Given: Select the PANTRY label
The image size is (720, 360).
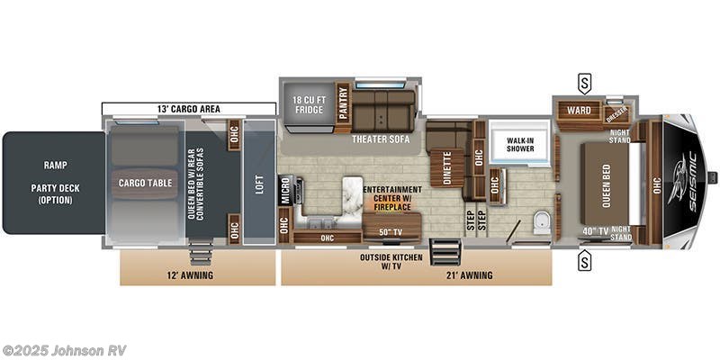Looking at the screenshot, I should [343, 101].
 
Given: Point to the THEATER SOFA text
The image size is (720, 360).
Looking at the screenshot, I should [375, 140].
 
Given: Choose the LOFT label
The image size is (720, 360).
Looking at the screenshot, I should [258, 183].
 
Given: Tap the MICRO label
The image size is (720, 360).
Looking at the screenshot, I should [285, 192].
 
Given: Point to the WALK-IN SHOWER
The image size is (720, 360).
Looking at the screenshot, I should [517, 145].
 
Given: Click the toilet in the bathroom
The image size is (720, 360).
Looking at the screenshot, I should [541, 221].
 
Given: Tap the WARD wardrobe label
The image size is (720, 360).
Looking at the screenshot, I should [579, 112].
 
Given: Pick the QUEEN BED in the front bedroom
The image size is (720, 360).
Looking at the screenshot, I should [606, 183].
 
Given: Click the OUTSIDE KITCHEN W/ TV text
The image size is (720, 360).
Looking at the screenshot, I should [391, 260].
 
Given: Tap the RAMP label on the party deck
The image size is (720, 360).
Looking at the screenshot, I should [56, 166].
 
